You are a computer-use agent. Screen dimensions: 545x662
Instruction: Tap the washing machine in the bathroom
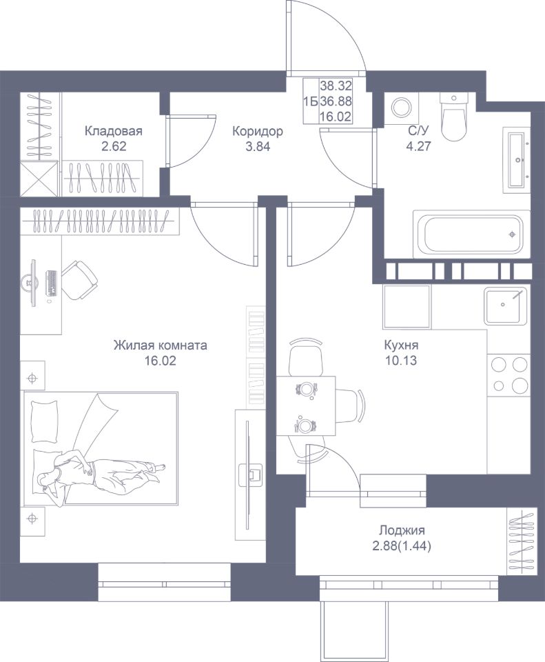coord(400,108)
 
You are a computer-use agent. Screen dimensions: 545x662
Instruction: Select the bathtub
coord(471,234)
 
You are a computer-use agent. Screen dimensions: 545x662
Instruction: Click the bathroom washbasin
coord(516,160)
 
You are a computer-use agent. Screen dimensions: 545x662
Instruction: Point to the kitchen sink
coord(505,305)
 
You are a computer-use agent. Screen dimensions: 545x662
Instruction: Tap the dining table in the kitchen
coord(306,405)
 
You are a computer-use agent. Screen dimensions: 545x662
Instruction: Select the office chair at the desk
coord(81,279)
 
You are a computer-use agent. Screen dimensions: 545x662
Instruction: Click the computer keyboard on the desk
coord(52,283)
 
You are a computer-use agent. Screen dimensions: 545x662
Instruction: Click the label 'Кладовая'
coord(114,131)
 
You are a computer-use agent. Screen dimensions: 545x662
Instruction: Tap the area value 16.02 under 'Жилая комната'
coord(161,361)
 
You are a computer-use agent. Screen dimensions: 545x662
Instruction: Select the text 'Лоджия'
coord(402,530)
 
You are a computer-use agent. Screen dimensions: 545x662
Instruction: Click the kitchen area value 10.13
coord(401,361)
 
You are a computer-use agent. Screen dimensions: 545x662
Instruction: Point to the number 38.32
coord(336,86)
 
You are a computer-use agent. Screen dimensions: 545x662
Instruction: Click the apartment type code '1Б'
coord(311,101)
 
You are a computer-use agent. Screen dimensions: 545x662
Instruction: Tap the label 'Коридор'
coord(257,131)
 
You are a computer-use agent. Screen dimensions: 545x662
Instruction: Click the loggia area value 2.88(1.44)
coord(402,547)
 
